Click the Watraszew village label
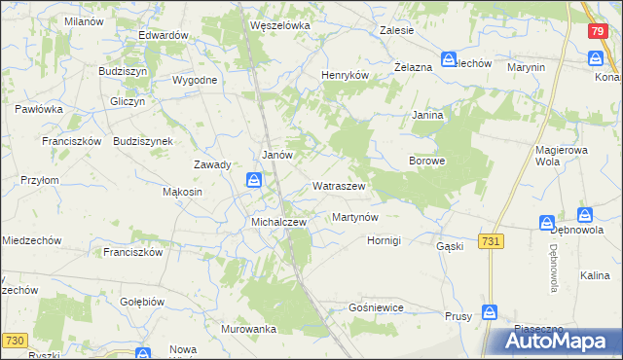coord(339,185)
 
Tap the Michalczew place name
coord(279,222)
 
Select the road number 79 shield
coord(599,31)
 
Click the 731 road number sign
coord(492,240)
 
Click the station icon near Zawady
coord(254,179)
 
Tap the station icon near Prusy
coord(490,312)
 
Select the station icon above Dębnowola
coord(585,214)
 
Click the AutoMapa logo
coord(559,341)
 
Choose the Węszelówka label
coord(279,26)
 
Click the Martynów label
coord(354,217)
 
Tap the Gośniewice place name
coord(375,307)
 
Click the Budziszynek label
coord(143,141)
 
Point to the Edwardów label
coord(163,35)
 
